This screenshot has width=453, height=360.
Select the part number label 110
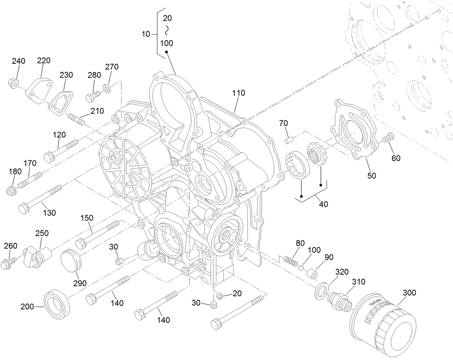coord(238,93)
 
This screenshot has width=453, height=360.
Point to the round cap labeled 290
coord(71,260)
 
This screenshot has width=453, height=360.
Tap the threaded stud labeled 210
coord(77,119)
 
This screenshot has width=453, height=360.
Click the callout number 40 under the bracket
coord(323,204)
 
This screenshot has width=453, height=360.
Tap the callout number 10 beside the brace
coord(145,34)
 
